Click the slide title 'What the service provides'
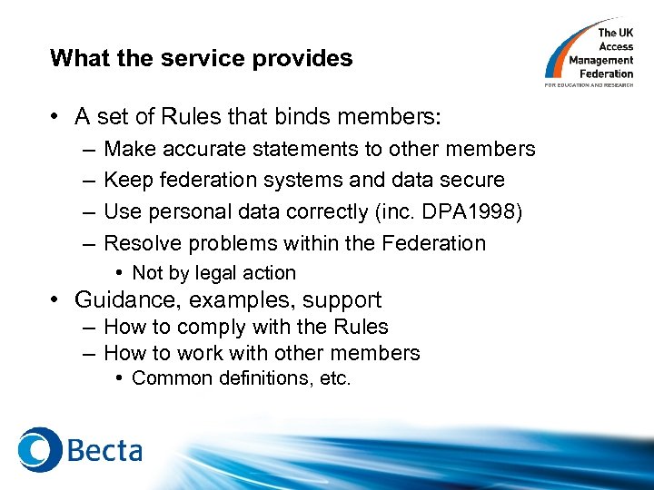point(201,59)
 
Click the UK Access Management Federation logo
point(590,54)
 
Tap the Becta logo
point(81,449)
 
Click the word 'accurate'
point(206,149)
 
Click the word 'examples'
point(248,300)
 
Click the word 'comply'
point(207,328)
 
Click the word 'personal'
point(179,212)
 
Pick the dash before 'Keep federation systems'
point(87,181)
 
